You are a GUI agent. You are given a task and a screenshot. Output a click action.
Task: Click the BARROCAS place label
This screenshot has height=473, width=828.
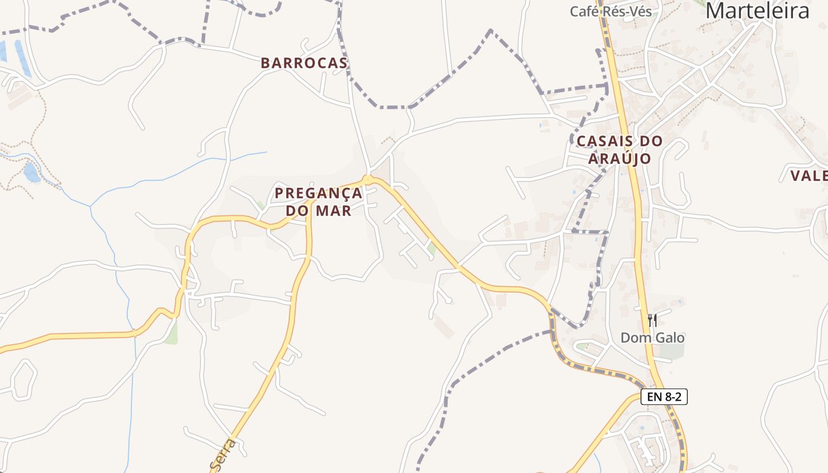tap(304, 63)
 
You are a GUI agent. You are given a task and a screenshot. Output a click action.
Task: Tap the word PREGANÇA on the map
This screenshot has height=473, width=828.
tap(318, 193)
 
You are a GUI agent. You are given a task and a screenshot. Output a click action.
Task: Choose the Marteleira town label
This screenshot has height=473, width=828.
tap(758, 11)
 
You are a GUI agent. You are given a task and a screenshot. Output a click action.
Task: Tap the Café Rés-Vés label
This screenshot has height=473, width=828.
tap(611, 11)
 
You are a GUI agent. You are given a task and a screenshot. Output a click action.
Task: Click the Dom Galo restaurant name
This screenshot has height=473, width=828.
tap(652, 338)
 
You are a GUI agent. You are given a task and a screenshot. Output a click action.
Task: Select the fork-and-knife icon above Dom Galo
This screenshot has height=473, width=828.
tap(652, 320)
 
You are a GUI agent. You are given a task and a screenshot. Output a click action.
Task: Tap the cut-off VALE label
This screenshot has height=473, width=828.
tap(809, 175)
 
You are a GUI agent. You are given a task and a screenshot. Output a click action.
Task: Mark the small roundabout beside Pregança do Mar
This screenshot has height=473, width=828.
tap(368, 179)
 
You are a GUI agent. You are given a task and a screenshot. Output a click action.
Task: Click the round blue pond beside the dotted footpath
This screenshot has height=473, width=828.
tap(31, 172)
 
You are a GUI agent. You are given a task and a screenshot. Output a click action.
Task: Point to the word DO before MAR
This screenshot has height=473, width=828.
tap(299, 210)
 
